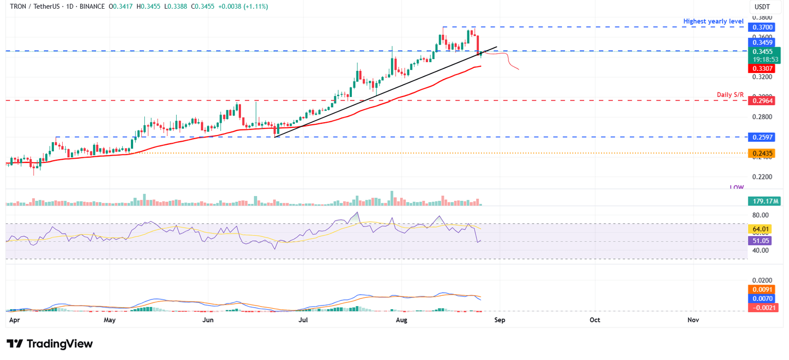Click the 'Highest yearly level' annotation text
tap(713, 21)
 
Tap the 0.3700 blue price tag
tap(763, 27)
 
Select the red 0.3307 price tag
tap(763, 68)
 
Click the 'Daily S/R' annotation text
tap(730, 95)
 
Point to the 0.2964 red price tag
tap(763, 101)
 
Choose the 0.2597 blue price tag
tap(763, 137)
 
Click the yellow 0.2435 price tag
tap(763, 153)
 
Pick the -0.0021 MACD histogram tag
tap(763, 307)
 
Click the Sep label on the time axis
tap(499, 320)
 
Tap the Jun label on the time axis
tap(208, 320)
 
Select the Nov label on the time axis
tap(693, 320)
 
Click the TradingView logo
tap(50, 344)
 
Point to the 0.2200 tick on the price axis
tap(761, 177)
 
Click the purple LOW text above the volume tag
tap(737, 188)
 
